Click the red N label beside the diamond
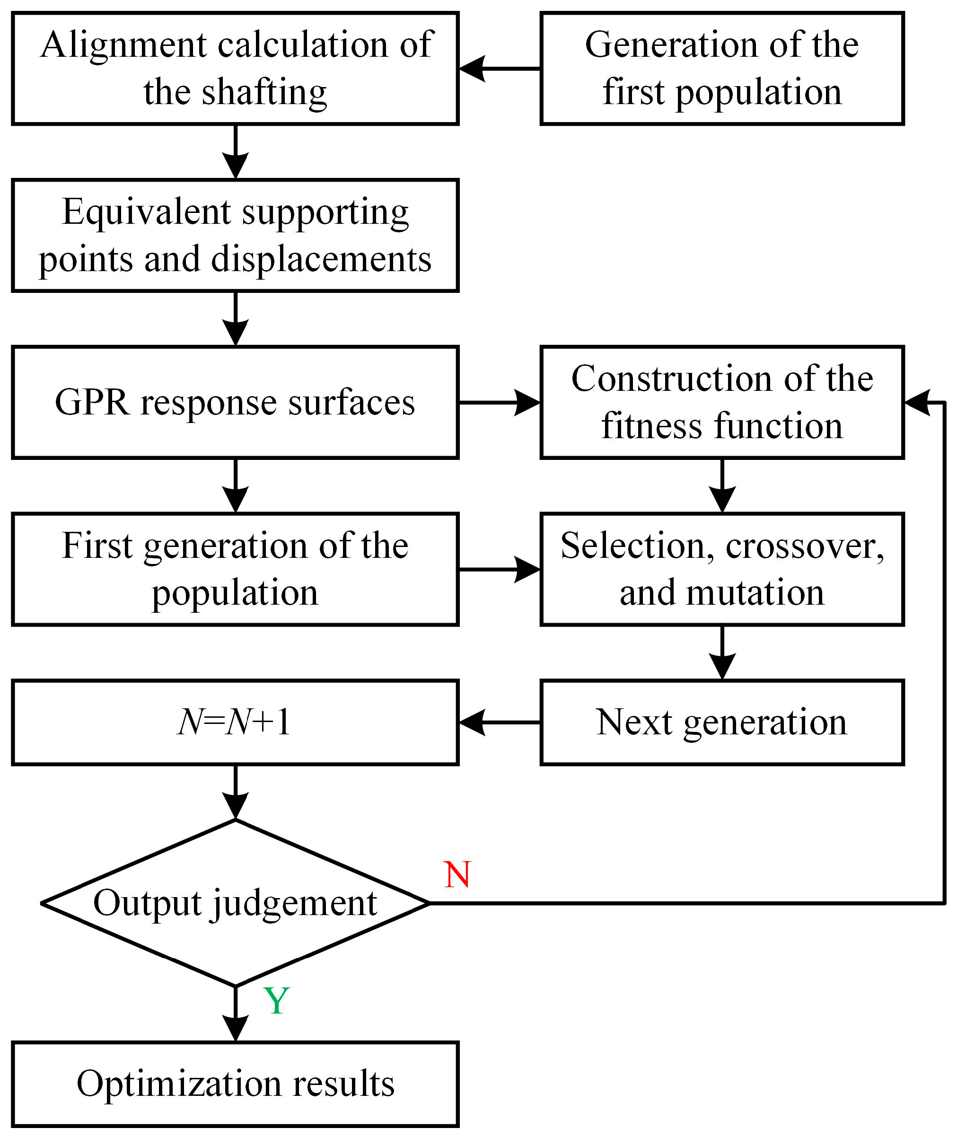point(457,874)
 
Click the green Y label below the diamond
point(276,1001)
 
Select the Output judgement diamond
point(235,903)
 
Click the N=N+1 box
point(235,723)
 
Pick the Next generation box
point(721,723)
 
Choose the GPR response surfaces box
point(235,403)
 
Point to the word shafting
point(264,92)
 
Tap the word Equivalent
point(147,212)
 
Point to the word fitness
point(650,426)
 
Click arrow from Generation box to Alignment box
point(499,69)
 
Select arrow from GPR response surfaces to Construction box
point(499,403)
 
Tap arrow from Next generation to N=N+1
point(499,723)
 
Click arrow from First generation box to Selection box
point(499,569)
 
